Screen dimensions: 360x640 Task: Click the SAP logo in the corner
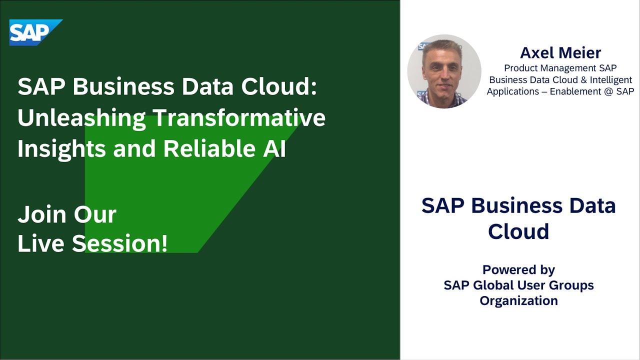(x=35, y=32)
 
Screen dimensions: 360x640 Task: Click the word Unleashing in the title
(x=80, y=118)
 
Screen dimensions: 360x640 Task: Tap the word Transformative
(x=238, y=118)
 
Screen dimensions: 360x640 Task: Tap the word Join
(x=42, y=214)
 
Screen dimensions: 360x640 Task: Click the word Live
(x=40, y=243)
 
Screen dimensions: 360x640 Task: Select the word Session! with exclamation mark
(x=119, y=243)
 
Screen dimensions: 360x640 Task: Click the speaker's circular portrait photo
(x=444, y=71)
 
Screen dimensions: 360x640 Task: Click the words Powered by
(x=518, y=270)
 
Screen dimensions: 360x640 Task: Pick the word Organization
(x=518, y=301)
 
